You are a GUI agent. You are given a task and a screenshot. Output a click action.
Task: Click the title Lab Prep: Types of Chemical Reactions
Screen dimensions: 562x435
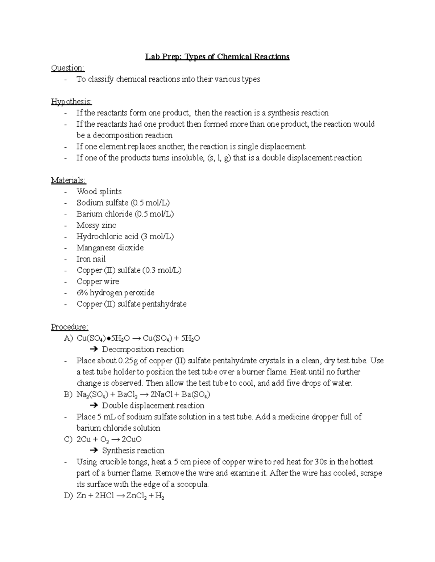pyautogui.click(x=217, y=57)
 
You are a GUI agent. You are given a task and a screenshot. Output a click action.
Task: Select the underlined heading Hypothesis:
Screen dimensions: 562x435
pyautogui.click(x=71, y=102)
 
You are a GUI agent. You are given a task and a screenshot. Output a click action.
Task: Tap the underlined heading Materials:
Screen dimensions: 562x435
pyautogui.click(x=69, y=180)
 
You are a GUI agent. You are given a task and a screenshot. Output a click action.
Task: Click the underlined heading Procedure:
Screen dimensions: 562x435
pyautogui.click(x=69, y=327)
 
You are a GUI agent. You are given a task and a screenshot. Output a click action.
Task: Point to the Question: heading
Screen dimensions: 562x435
pyautogui.click(x=68, y=68)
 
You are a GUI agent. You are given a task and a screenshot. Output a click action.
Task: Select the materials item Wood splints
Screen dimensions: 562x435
pyautogui.click(x=99, y=191)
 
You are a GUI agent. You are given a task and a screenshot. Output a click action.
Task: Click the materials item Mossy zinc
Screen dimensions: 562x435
pyautogui.click(x=96, y=225)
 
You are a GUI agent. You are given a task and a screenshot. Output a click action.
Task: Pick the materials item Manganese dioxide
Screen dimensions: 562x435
pyautogui.click(x=110, y=248)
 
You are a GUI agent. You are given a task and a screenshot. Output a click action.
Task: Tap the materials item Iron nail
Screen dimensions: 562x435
pyautogui.click(x=91, y=259)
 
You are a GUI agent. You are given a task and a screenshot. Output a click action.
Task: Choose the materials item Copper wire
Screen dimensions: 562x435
pyautogui.click(x=98, y=281)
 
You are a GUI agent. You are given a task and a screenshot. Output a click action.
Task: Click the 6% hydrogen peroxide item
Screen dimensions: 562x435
pyautogui.click(x=115, y=292)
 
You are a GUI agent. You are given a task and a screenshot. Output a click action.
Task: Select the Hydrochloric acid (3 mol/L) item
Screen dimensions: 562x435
pyautogui.click(x=125, y=236)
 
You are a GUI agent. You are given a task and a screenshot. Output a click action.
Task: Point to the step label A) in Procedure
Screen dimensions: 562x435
pyautogui.click(x=68, y=338)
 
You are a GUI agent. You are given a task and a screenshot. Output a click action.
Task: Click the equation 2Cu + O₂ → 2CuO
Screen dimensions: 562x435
pyautogui.click(x=109, y=439)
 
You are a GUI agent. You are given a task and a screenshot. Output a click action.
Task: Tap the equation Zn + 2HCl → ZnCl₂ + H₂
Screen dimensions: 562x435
pyautogui.click(x=120, y=496)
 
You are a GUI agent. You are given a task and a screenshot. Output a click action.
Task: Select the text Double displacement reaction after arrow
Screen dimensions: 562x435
pyautogui.click(x=153, y=406)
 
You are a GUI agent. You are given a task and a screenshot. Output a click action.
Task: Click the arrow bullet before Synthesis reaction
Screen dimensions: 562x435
pyautogui.click(x=94, y=451)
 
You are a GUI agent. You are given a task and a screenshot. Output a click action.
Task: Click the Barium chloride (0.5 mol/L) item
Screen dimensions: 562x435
pyautogui.click(x=125, y=214)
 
